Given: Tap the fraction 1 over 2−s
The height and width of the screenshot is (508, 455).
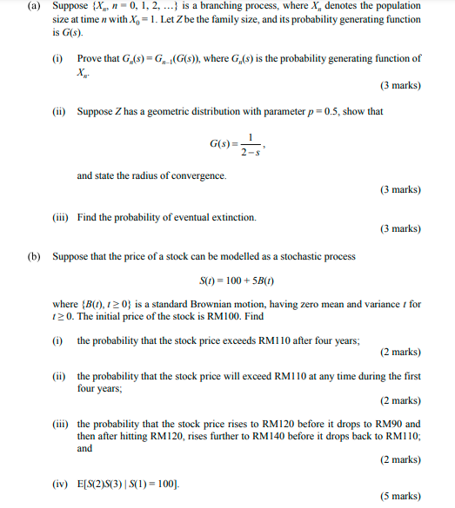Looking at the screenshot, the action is [x=249, y=143].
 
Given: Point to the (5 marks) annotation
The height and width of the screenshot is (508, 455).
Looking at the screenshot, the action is [x=401, y=497].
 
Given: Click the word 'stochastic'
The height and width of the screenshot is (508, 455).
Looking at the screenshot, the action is [x=313, y=258].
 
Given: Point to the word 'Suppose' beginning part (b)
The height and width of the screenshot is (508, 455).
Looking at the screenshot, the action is [x=70, y=258].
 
